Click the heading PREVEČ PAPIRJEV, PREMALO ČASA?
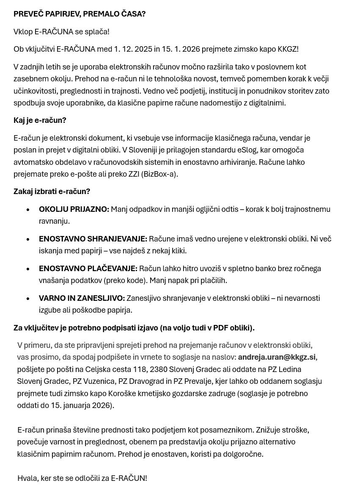click(80, 14)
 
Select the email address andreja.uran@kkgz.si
click(277, 357)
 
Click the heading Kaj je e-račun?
click(40, 120)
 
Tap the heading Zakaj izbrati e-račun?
click(52, 191)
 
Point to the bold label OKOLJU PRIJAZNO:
click(74, 209)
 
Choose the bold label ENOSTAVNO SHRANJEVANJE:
click(93, 239)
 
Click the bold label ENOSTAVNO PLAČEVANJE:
click(88, 269)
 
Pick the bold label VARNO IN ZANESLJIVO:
click(82, 298)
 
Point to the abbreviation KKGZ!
click(288, 49)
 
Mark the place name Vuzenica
click(99, 381)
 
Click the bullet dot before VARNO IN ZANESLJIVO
click(28, 299)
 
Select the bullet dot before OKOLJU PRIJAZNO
click(28, 210)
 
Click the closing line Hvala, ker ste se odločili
click(82, 478)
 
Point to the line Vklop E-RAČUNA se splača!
click(61, 32)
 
